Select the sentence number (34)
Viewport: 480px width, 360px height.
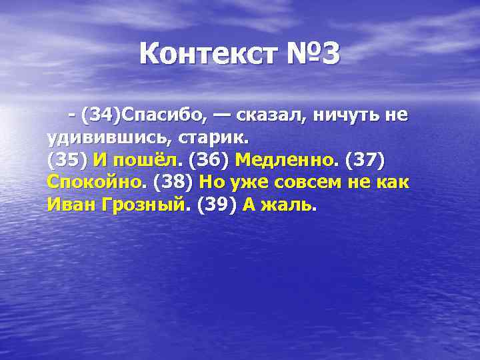tap(102, 116)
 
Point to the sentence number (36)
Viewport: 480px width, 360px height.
tap(209, 161)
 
